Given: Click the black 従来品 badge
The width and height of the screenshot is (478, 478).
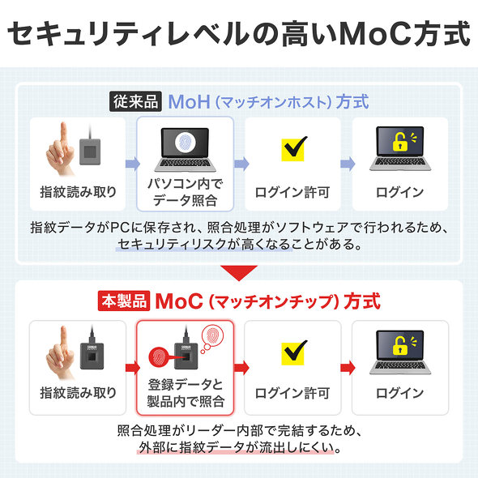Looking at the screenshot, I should point(136,102).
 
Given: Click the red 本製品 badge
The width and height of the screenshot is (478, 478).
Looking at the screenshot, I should point(123,301).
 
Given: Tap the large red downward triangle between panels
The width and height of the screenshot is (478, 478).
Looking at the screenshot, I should point(239,272).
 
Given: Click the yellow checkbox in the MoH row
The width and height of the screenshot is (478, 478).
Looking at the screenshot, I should point(293,150).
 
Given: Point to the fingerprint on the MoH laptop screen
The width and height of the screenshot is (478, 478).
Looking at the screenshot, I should point(185,143).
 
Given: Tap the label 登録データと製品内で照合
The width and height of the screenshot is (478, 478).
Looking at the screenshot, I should point(185,392).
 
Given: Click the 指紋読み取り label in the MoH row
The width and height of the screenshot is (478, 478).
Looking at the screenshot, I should point(78,192).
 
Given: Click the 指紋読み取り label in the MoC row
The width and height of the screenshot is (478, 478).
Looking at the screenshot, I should point(78,393).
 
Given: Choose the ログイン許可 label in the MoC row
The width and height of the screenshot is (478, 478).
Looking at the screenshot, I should point(292,393).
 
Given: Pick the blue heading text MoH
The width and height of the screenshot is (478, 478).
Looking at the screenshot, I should point(190,102).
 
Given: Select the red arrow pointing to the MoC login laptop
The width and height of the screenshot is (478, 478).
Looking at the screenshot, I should point(346,366).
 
